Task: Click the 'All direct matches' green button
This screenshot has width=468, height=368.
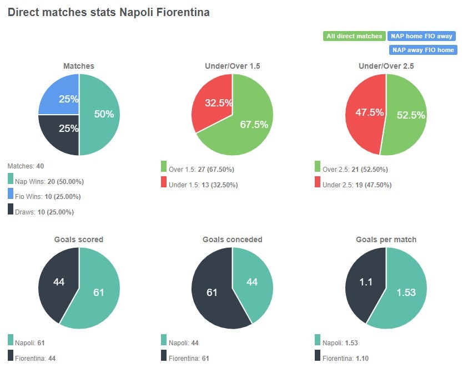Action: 354,36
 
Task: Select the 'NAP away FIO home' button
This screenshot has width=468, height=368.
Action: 423,50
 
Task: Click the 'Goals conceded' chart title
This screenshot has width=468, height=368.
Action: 232,239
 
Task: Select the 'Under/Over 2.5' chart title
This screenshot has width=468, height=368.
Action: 386,65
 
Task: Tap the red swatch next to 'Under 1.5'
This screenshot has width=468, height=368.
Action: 164,182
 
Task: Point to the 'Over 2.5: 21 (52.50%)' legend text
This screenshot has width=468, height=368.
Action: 355,170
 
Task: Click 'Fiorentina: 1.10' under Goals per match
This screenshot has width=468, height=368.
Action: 344,358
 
